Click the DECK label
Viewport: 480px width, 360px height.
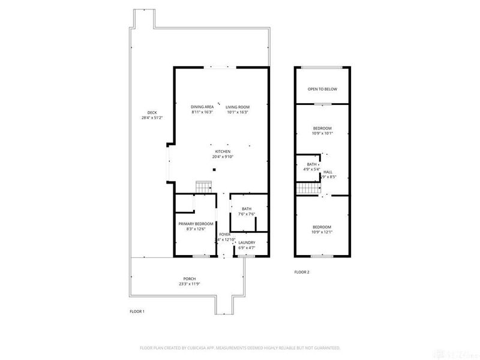coord(152,113)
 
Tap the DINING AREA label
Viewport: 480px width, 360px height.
coord(202,107)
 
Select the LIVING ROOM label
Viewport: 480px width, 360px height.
coord(238,107)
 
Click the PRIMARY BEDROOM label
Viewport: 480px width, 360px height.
coord(196,224)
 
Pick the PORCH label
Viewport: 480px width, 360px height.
coord(190,280)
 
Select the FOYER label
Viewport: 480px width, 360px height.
coord(224,234)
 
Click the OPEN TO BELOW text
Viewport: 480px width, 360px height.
coord(322,89)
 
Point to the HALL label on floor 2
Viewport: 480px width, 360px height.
coord(328,172)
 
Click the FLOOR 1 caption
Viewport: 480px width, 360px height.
coord(137,311)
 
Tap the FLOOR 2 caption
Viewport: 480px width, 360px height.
coord(301,272)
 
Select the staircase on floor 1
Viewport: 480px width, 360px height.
coord(205,187)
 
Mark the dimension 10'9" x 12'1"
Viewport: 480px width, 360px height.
coord(322,232)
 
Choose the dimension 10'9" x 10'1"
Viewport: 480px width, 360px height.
coord(322,133)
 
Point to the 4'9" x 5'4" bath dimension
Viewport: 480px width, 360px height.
coord(311,169)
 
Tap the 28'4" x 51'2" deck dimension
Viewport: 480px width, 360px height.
coord(152,118)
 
